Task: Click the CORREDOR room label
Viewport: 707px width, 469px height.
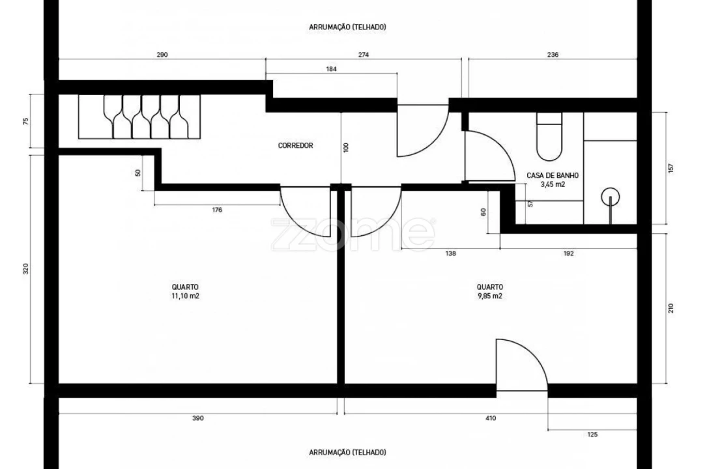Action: [x=295, y=145]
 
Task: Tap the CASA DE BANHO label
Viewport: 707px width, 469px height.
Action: [x=552, y=175]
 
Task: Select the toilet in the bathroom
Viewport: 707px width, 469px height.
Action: [x=549, y=137]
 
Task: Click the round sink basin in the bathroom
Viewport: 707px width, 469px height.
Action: [x=610, y=197]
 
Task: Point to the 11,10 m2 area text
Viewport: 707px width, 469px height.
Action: [x=185, y=296]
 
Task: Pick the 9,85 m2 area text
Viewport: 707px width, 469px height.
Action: [x=489, y=296]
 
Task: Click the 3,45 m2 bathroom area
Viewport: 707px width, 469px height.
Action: [x=552, y=184]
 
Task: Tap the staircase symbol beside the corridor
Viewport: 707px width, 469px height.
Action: [x=139, y=117]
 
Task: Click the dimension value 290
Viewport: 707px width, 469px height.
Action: [x=162, y=55]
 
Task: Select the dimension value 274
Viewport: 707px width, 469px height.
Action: [x=363, y=55]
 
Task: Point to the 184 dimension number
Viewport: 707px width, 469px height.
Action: [x=331, y=68]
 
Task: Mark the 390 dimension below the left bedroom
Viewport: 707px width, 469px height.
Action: [x=198, y=418]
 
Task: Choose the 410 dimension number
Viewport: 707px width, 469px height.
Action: [x=491, y=418]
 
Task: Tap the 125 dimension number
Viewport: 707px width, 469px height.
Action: [x=592, y=434]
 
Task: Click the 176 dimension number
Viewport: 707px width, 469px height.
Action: [x=217, y=210]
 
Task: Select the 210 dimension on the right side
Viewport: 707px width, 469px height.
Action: [x=671, y=308]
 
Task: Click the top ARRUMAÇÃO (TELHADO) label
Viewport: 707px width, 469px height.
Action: [x=347, y=27]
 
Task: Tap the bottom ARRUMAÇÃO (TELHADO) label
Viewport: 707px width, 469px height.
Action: [x=347, y=451]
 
